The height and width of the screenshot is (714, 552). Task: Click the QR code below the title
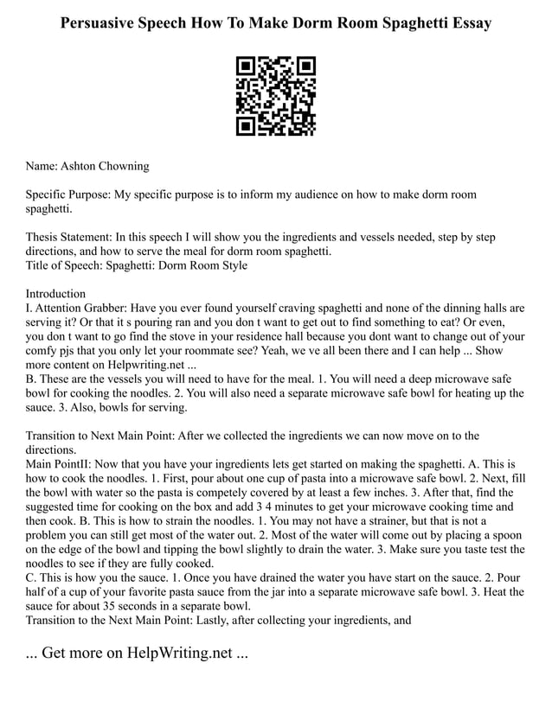pos(276,96)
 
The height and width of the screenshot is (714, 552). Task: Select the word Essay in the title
pos(467,23)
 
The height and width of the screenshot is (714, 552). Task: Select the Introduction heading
pos(56,294)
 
